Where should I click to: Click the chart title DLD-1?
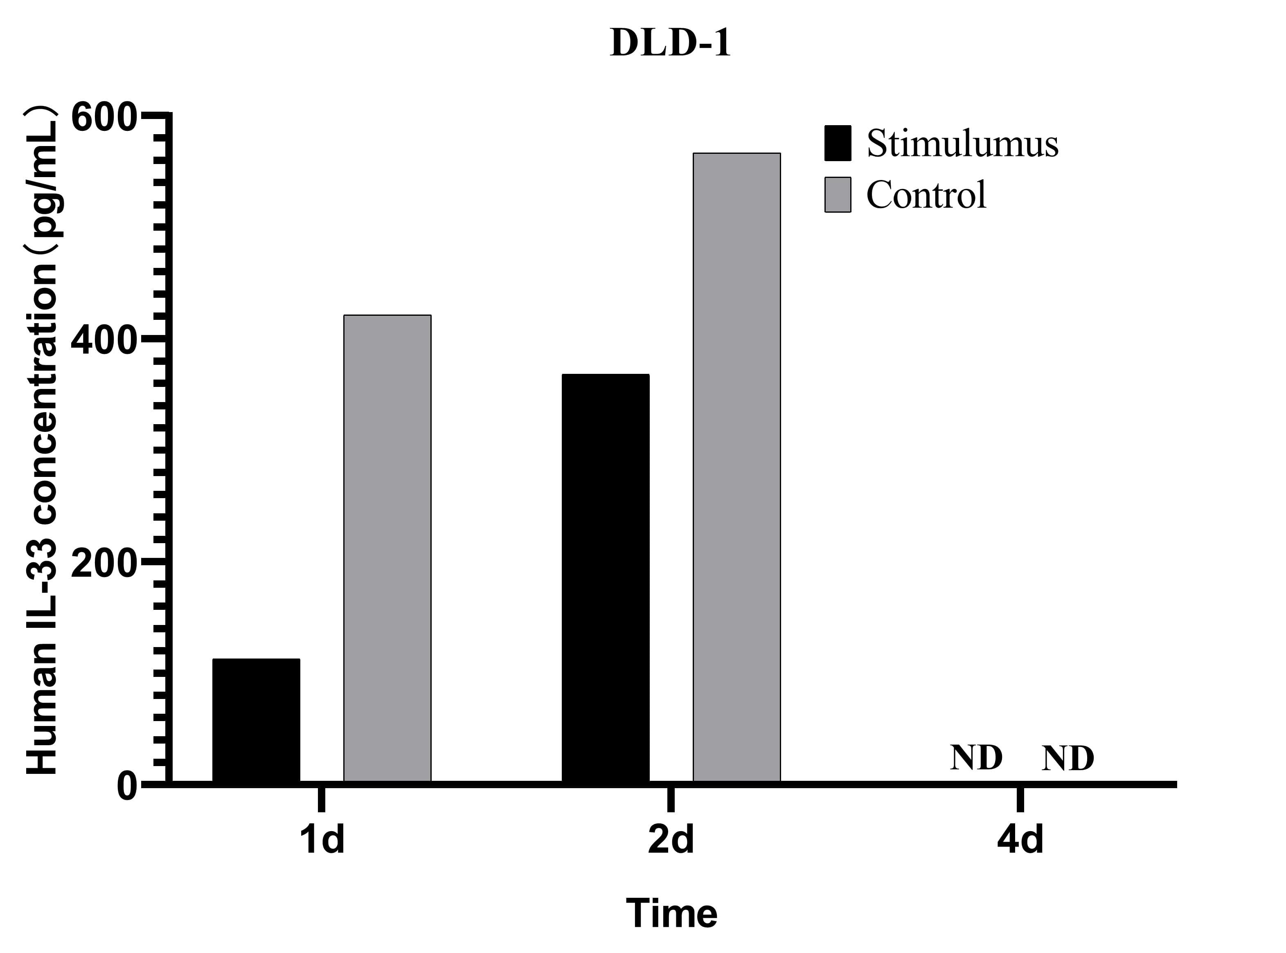670,43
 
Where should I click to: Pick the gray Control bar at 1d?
387,548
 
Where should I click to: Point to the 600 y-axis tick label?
104,118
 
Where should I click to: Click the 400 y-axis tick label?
104,340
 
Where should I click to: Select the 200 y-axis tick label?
104,563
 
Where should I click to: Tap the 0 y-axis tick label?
127,786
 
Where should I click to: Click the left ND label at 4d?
976,758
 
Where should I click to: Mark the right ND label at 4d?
1068,758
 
